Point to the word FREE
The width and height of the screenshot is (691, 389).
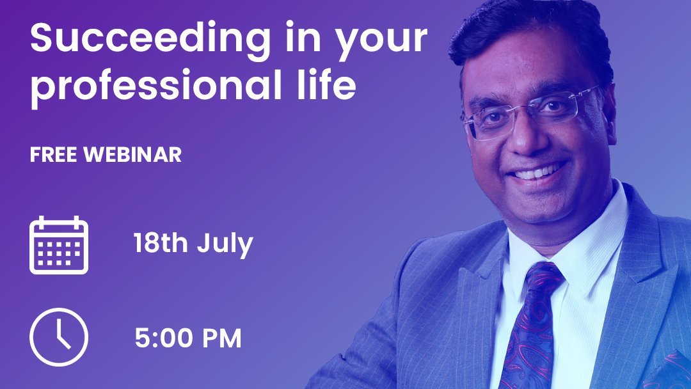(52, 155)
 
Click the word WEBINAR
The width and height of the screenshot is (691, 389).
(132, 155)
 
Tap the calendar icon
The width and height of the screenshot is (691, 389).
(59, 245)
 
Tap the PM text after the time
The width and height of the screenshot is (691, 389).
(221, 338)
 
